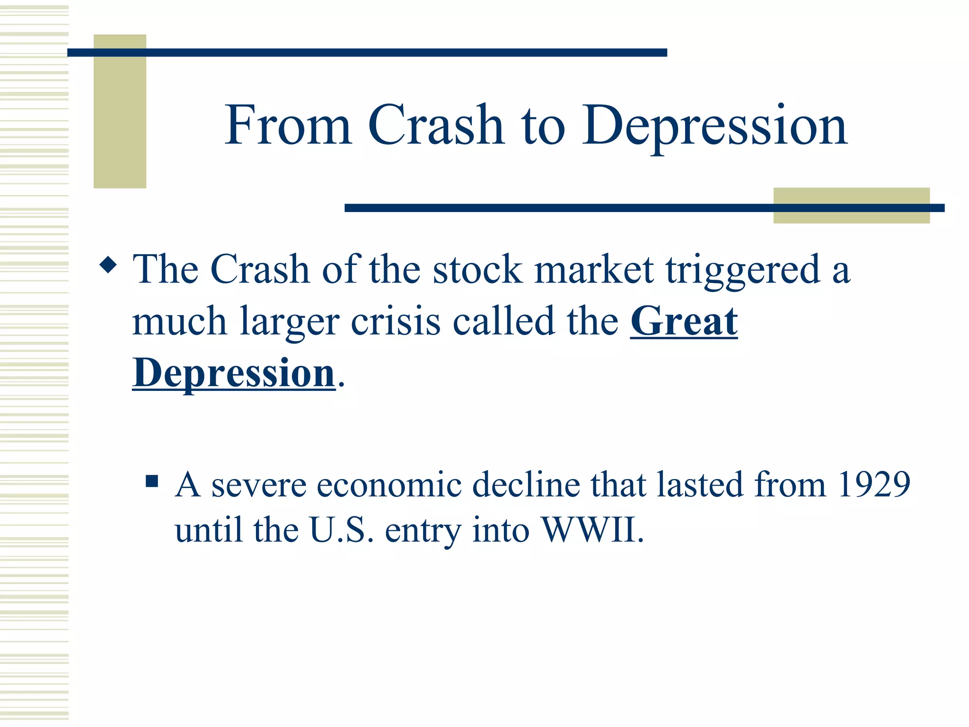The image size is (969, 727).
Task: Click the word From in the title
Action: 288,125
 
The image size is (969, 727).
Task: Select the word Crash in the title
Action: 436,125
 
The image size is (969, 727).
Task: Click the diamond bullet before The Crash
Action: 109,265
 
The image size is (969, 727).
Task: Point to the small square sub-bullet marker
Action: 152,481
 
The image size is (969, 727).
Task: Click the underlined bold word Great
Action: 684,322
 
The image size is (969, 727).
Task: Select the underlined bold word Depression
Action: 234,374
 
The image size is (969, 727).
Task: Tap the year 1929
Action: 873,485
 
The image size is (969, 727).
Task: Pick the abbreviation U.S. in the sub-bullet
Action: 341,530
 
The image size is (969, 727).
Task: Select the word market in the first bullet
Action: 594,270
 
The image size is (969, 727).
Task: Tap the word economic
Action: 389,486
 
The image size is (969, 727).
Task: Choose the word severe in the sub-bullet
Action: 259,486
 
